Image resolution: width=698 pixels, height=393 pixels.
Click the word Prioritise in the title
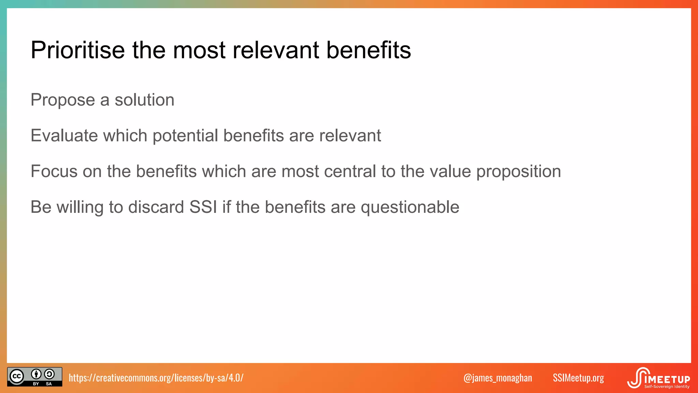click(x=78, y=50)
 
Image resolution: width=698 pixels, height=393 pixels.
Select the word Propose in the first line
click(x=63, y=100)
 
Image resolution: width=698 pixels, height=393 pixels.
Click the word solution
click(x=144, y=100)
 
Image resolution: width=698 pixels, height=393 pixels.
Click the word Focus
click(x=54, y=171)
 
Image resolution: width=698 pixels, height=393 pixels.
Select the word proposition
click(x=518, y=172)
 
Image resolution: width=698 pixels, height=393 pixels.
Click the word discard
click(x=156, y=207)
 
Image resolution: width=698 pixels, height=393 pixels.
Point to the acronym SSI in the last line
click(x=203, y=207)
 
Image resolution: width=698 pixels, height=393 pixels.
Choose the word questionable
click(x=410, y=207)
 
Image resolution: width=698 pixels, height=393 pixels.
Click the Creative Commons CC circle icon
click(x=17, y=377)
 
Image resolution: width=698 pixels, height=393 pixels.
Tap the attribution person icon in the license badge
click(x=36, y=374)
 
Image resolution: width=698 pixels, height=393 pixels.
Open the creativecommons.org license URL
click(x=156, y=378)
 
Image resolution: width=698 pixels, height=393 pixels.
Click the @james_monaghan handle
click(x=498, y=378)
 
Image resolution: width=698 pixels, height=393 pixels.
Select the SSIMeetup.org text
click(x=578, y=378)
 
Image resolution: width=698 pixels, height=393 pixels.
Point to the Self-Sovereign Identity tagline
click(x=667, y=387)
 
